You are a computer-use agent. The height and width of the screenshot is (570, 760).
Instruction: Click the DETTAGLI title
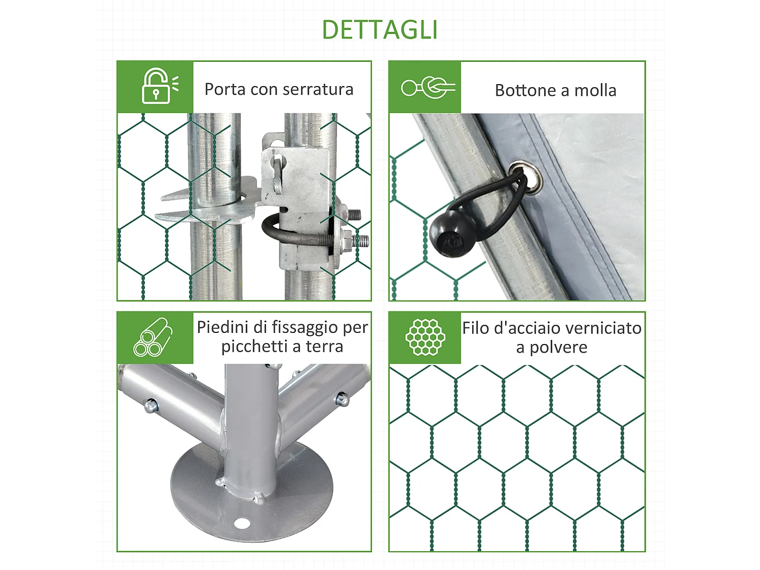[379, 29]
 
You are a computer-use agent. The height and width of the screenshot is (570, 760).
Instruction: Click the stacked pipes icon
[153, 337]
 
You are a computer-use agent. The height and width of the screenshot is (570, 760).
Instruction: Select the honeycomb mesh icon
[425, 337]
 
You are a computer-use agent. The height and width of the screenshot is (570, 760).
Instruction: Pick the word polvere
[558, 348]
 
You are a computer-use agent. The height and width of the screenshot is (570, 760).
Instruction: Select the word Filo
[476, 328]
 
